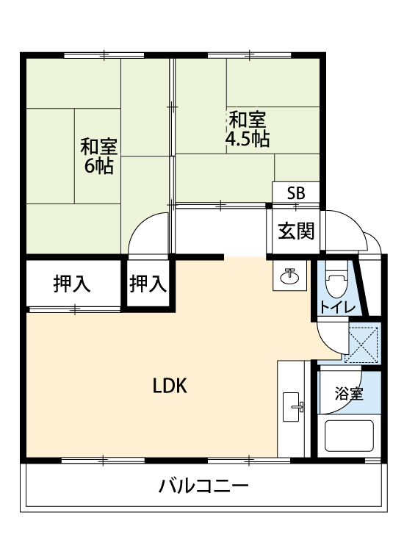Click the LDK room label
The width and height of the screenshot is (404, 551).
point(170,386)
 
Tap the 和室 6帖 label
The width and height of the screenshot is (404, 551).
point(98,156)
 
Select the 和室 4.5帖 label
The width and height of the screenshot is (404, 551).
point(248,129)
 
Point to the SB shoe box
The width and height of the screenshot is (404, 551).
point(296,192)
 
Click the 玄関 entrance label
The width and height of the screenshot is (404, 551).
point(296,231)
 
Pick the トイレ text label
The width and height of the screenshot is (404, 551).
point(337,308)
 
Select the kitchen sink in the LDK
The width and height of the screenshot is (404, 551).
point(292,407)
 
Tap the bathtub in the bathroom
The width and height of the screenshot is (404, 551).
point(349,436)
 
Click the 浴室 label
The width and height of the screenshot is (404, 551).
point(349,393)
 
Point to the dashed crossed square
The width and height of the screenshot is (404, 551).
point(361,345)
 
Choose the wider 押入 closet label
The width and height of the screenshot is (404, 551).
point(72,284)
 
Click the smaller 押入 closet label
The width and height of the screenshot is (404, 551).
point(148,284)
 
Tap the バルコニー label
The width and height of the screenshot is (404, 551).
point(203,486)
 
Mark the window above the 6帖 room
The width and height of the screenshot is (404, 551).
point(104,55)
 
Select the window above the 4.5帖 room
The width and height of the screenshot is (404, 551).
point(250,55)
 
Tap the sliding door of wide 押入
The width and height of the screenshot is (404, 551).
point(75,309)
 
